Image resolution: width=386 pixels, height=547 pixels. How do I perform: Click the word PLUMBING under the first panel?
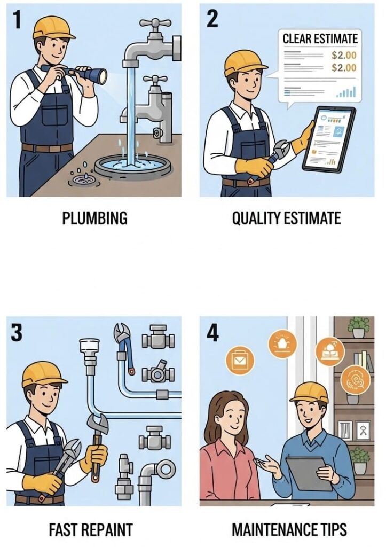pyautogui.click(x=95, y=218)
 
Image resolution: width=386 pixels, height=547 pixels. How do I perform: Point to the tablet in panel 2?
pyautogui.click(x=329, y=138)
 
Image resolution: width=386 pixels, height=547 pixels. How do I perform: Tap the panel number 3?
pyautogui.click(x=17, y=333)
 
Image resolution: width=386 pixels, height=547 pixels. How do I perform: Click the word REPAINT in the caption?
pyautogui.click(x=106, y=530)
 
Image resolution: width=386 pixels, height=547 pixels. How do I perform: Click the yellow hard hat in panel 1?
pyautogui.click(x=53, y=27)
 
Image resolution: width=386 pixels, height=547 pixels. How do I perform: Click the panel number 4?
pyautogui.click(x=212, y=333)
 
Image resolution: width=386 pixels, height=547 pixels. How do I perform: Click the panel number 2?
pyautogui.click(x=211, y=19)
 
